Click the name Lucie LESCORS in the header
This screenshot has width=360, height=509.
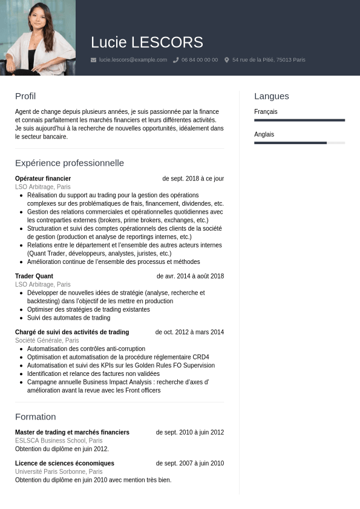point(146,42)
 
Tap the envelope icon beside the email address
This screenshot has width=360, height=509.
point(93,60)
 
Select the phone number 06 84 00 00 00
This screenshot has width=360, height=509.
point(199,60)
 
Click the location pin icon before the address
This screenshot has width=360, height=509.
point(227,60)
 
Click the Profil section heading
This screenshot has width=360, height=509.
point(25,96)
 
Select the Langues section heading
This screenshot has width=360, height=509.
point(271,96)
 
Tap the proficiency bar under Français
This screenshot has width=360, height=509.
point(299,120)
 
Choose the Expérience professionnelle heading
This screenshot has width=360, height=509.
point(70,163)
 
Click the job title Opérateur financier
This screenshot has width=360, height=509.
point(43,179)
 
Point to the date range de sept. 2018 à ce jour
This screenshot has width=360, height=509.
point(193,179)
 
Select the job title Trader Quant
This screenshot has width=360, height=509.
point(34,276)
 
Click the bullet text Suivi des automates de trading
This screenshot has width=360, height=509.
point(68,318)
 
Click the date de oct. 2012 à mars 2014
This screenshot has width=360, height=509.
point(189,332)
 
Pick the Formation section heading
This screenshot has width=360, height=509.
point(35,416)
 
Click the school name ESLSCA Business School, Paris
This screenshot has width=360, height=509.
point(59,441)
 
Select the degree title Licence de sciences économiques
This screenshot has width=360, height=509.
point(65,463)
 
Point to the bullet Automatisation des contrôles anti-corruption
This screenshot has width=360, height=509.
point(86,349)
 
